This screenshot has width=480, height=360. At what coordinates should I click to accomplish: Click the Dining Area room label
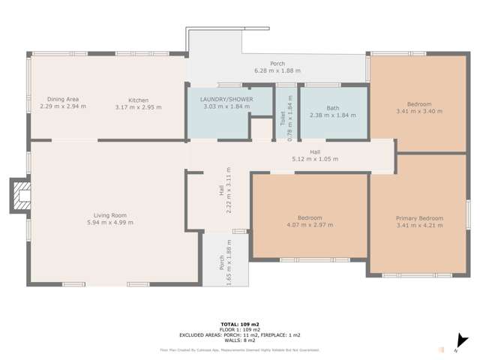click(x=63, y=99)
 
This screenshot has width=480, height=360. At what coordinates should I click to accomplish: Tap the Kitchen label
click(x=138, y=100)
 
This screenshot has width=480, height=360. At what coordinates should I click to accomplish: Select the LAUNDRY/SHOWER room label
click(x=226, y=99)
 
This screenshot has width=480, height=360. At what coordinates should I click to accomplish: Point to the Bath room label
click(x=332, y=108)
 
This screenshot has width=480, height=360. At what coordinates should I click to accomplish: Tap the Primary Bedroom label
click(x=419, y=218)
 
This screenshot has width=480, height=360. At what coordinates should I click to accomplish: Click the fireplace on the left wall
click(x=20, y=196)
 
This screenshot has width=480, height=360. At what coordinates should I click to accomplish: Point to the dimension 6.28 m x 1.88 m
click(x=277, y=70)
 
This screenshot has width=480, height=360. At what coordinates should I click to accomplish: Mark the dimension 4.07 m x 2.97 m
click(x=309, y=224)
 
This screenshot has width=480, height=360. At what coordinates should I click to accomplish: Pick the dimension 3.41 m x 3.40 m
click(x=419, y=111)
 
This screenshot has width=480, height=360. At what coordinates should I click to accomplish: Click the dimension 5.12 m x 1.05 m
click(x=315, y=159)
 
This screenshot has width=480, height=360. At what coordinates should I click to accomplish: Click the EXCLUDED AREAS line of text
click(x=239, y=334)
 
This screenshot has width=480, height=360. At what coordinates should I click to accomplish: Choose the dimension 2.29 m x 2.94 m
click(x=63, y=106)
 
